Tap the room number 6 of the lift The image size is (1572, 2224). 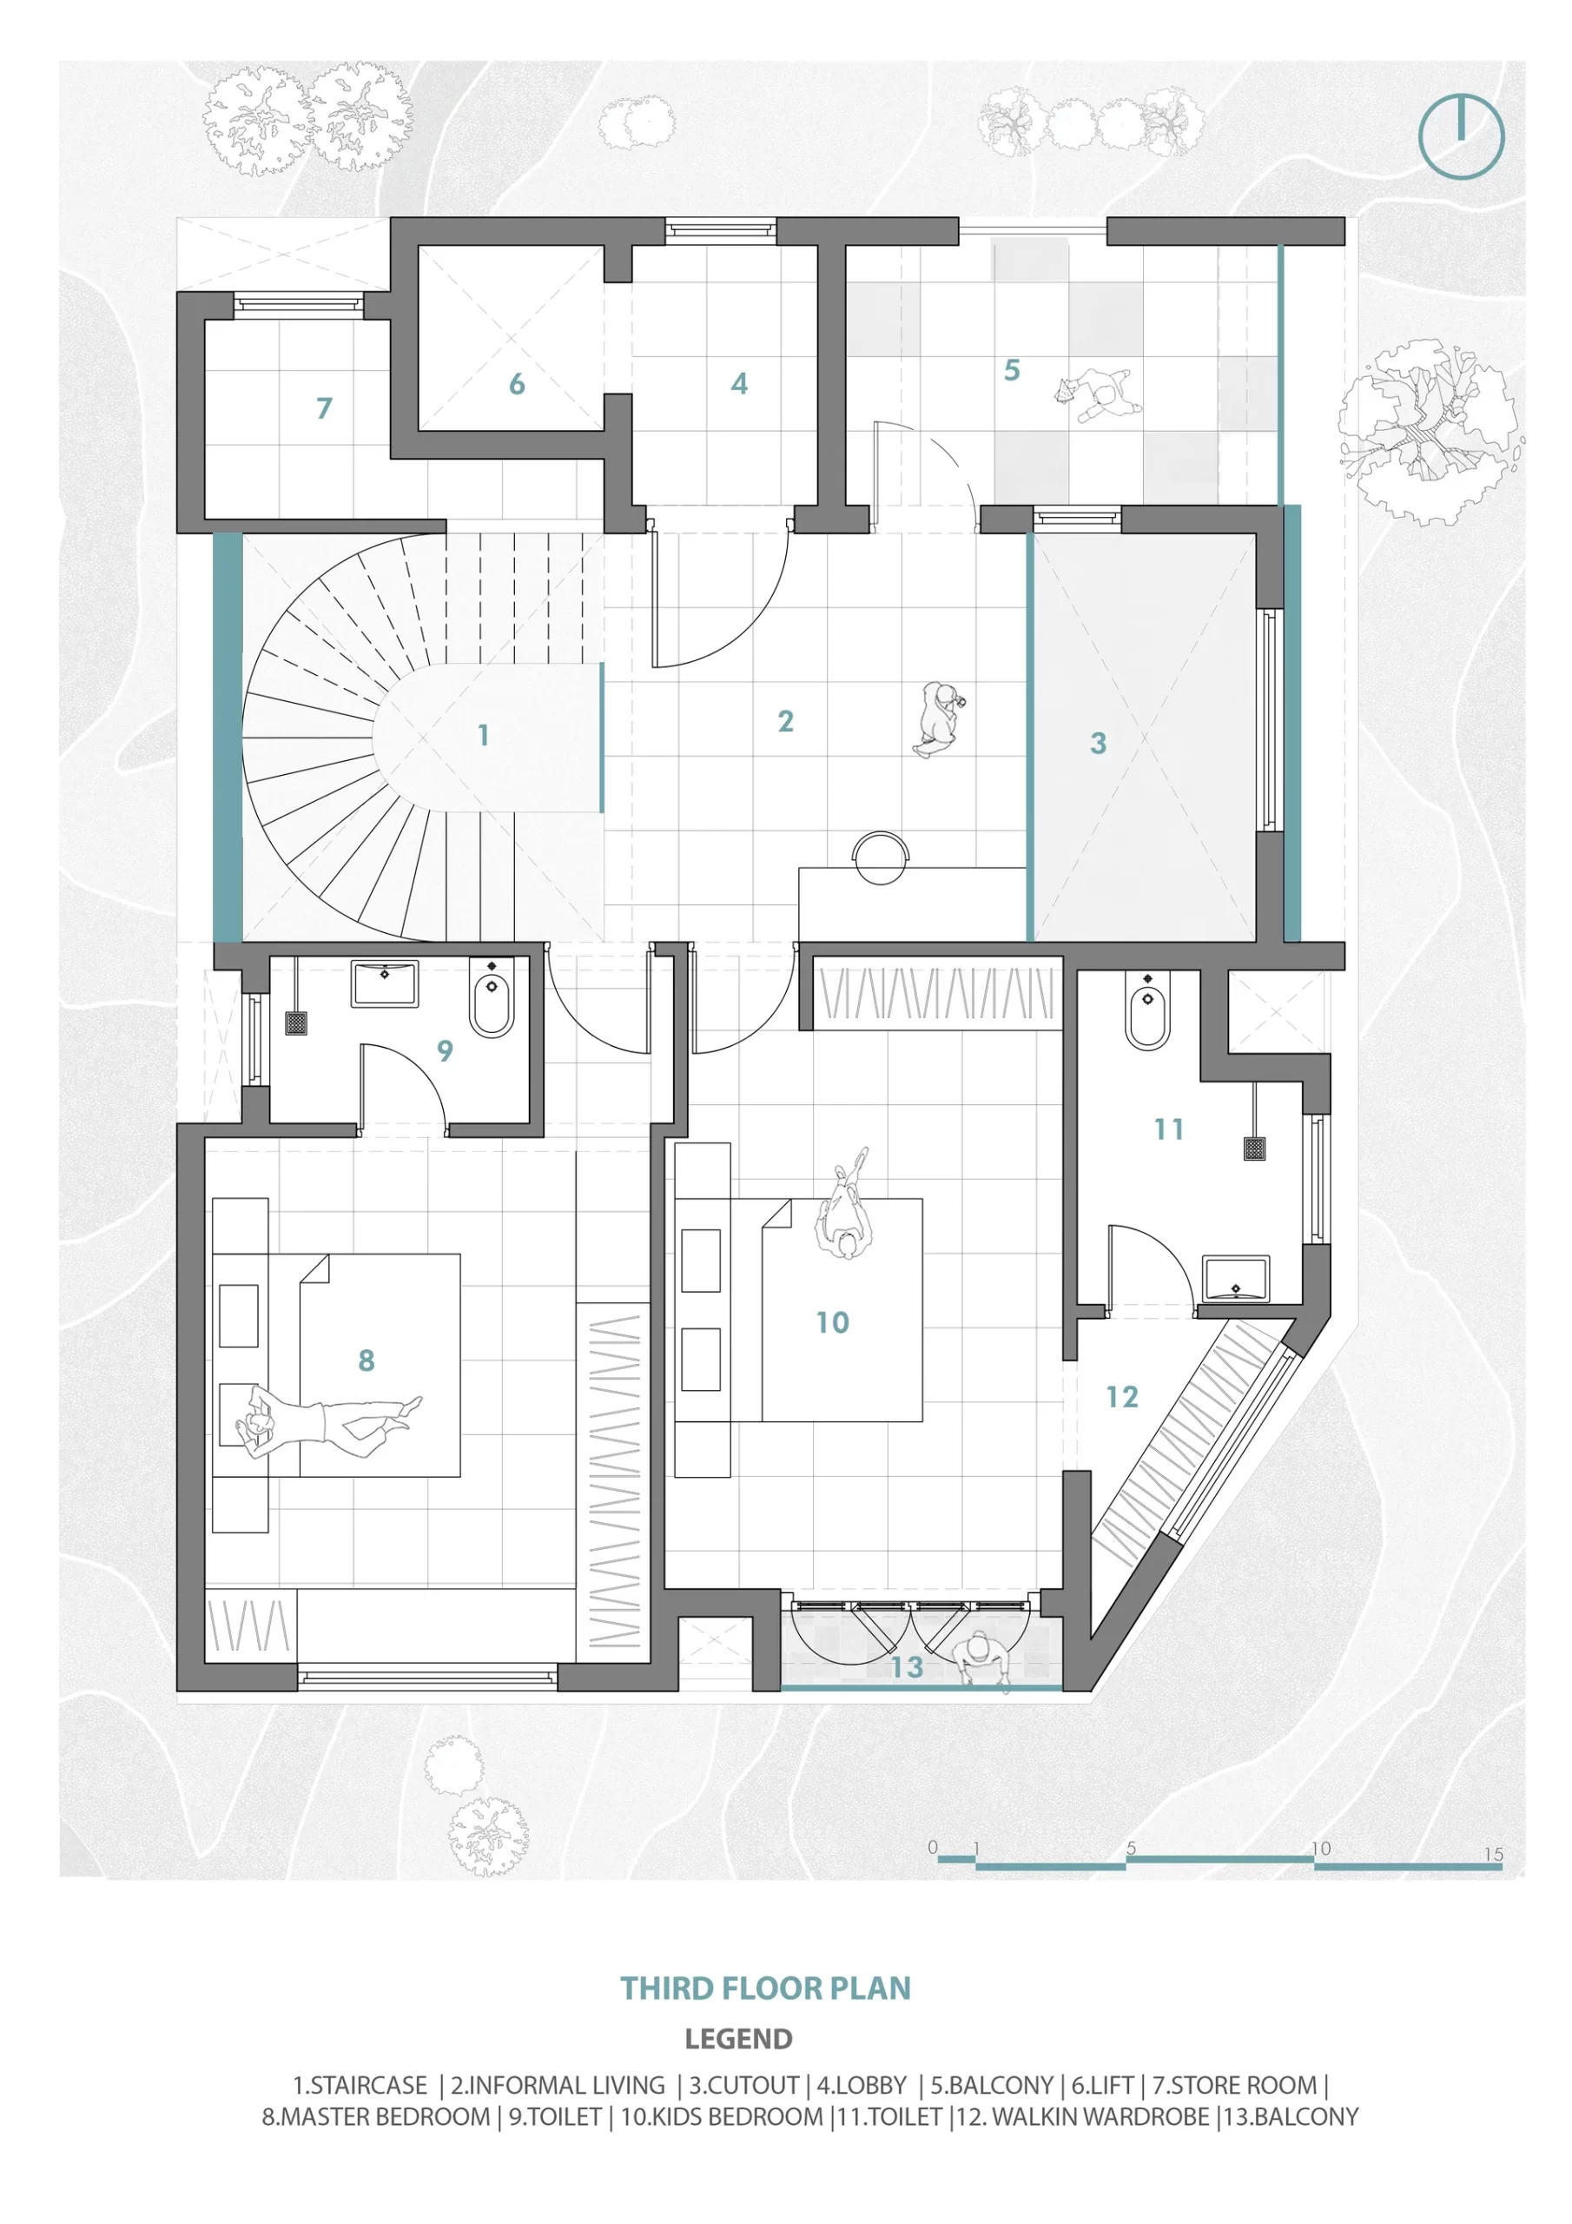[518, 385]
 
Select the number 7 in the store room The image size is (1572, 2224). [325, 407]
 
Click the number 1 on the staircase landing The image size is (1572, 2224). [483, 735]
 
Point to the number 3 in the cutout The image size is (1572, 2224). [1098, 743]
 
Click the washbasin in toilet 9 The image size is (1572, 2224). [385, 983]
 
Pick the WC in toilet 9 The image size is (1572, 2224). [491, 996]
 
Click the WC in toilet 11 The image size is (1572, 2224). [1148, 1010]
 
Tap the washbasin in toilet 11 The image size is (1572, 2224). [1235, 1279]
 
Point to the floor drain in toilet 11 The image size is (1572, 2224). [1255, 1149]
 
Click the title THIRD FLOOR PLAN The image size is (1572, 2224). [765, 1989]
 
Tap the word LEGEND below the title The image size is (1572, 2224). [738, 2040]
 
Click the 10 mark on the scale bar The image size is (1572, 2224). [1321, 1848]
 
